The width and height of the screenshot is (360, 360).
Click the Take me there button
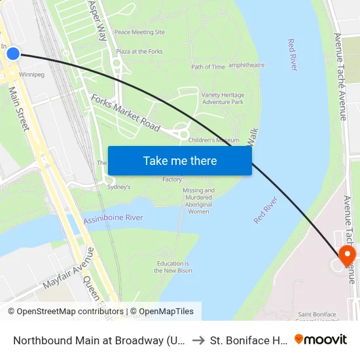[179, 160]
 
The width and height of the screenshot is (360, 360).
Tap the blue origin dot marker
[13, 54]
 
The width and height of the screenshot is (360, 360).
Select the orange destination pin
[346, 255]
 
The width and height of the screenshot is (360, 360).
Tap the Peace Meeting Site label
[139, 32]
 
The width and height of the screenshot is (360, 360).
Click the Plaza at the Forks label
[139, 52]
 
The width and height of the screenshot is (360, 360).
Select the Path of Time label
[208, 67]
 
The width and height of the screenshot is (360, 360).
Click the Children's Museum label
[213, 140]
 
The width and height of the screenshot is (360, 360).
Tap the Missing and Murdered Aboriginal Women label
[198, 201]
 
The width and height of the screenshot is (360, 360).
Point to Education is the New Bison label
[173, 267]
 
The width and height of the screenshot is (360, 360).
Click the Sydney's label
[119, 187]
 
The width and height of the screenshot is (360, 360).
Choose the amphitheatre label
[246, 65]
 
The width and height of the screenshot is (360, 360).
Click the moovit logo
[320, 339]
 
